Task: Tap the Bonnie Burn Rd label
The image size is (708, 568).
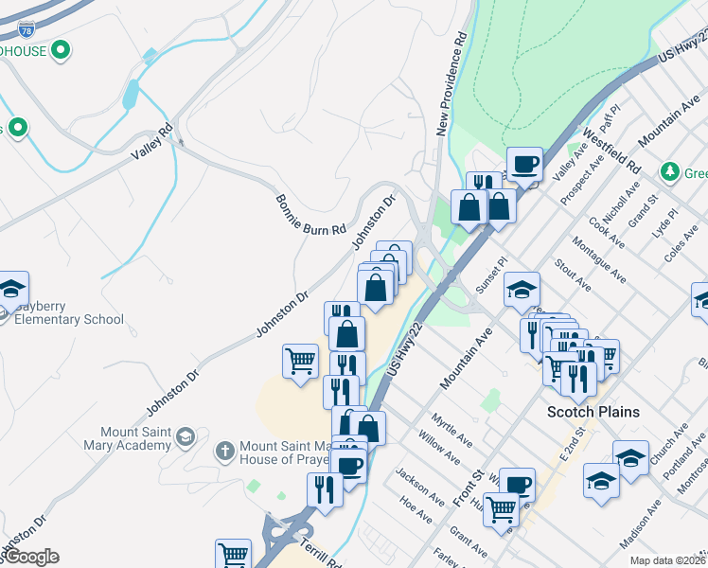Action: pos(311,215)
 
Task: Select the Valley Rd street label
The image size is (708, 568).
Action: pos(152,139)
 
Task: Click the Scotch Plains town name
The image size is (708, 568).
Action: pos(594,412)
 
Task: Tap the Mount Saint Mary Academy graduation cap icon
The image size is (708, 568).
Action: pos(186,436)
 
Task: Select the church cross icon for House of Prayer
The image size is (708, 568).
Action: pos(224,450)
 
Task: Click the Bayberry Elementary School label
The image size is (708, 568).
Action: pos(68,319)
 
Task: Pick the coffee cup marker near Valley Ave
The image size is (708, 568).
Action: pos(524,164)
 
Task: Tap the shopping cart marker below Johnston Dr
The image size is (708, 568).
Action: pos(300,361)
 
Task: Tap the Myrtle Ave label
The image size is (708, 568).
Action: pos(451,430)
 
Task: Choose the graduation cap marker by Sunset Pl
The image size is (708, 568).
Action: pos(521,289)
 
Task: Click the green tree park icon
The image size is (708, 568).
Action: pos(670,170)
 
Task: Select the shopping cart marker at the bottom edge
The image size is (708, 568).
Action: pos(233,555)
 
